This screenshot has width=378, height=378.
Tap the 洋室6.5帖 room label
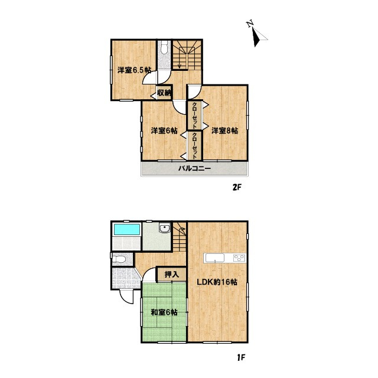(134, 70)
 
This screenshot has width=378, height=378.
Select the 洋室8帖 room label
(224, 131)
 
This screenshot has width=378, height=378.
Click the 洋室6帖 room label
(164, 131)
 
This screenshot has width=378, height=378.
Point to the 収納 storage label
(164, 93)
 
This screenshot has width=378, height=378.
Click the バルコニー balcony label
(194, 168)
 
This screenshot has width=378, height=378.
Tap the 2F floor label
(237, 188)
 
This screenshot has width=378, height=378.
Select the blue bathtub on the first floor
(127, 229)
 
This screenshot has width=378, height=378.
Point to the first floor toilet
(119, 259)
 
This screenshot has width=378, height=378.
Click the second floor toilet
(164, 47)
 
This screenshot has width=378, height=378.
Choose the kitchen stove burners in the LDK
(240, 258)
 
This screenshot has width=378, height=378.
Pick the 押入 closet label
(172, 274)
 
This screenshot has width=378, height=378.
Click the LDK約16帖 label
(217, 282)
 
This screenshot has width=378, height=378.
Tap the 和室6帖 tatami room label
(164, 312)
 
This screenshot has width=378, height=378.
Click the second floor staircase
(187, 55)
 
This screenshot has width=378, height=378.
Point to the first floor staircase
(179, 237)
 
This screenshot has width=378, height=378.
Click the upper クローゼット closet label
(195, 115)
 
